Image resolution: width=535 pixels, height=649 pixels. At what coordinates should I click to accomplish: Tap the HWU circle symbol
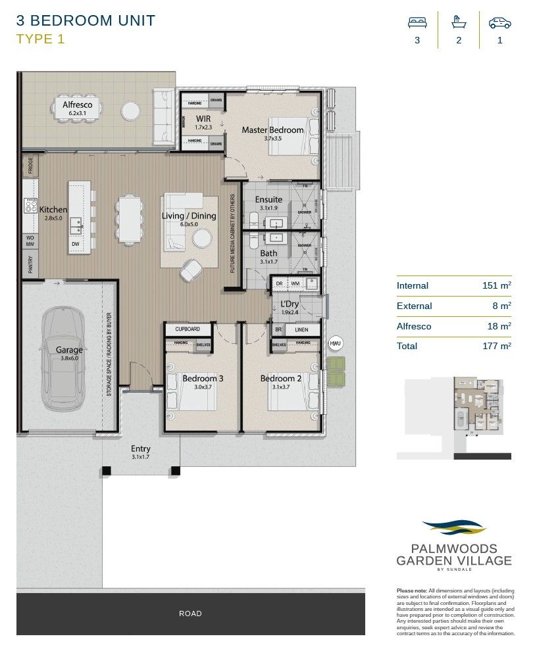(336, 344)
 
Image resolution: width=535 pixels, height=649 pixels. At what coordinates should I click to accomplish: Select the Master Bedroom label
(272, 130)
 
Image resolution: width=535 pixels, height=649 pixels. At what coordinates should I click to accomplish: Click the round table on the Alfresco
(130, 110)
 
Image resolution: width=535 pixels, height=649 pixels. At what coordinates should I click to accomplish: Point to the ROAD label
(190, 613)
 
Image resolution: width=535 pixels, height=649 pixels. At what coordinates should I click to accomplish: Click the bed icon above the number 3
(417, 22)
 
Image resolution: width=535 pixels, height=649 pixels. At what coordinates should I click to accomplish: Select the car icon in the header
(499, 22)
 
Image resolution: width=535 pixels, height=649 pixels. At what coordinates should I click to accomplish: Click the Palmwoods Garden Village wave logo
(453, 527)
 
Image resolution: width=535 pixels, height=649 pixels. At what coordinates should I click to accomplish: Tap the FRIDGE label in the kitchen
(30, 166)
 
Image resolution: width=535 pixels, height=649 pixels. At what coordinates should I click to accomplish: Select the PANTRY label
(30, 264)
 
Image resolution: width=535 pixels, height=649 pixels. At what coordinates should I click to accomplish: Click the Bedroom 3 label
(203, 379)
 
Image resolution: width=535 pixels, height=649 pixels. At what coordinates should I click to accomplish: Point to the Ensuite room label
(268, 199)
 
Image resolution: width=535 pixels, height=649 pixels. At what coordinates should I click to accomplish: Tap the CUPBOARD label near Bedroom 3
(188, 329)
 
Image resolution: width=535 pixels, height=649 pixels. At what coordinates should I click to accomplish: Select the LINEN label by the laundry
(302, 329)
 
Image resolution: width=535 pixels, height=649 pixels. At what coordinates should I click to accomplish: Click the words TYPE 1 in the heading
(41, 39)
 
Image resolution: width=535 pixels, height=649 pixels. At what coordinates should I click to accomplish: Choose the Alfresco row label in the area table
(414, 326)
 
